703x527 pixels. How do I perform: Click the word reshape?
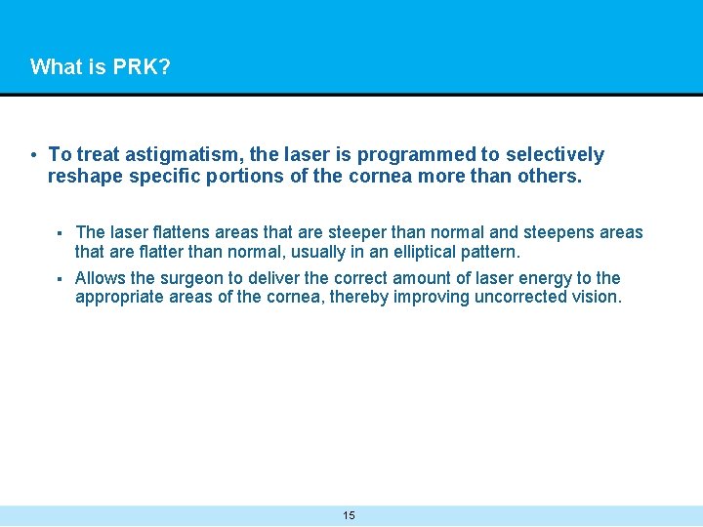[x=84, y=178]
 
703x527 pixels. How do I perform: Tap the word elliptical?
[x=416, y=252]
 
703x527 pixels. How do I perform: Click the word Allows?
[x=101, y=278]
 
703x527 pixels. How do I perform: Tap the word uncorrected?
[x=522, y=298]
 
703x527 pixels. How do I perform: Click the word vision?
[x=599, y=298]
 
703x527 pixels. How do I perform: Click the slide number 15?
[x=350, y=515]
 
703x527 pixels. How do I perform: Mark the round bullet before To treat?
[x=34, y=155]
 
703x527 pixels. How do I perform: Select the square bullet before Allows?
[x=60, y=279]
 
